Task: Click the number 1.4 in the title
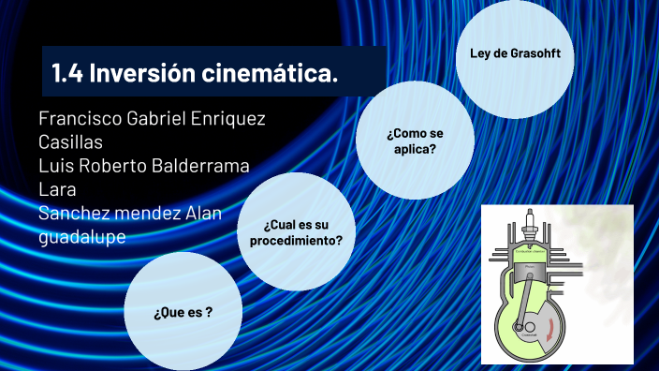(x=67, y=72)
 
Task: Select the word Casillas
(x=70, y=142)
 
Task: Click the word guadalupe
(x=82, y=237)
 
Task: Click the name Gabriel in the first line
(x=165, y=120)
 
